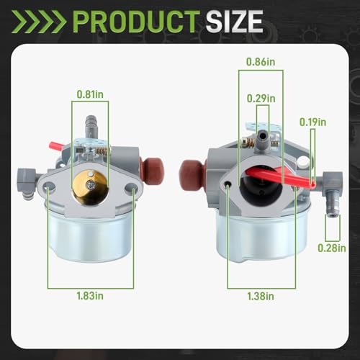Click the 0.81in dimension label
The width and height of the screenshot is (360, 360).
tap(90, 94)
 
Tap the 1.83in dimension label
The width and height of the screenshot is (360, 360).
tap(90, 296)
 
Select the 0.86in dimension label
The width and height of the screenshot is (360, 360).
tap(261, 62)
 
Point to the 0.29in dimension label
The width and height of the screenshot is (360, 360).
tap(261, 99)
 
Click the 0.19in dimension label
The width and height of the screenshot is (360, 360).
tap(313, 122)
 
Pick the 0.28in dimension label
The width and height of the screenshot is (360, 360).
tap(332, 248)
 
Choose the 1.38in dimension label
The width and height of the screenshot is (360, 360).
tap(261, 296)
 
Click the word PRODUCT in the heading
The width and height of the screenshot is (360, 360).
tap(136, 22)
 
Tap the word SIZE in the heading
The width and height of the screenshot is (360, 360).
tap(234, 22)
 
